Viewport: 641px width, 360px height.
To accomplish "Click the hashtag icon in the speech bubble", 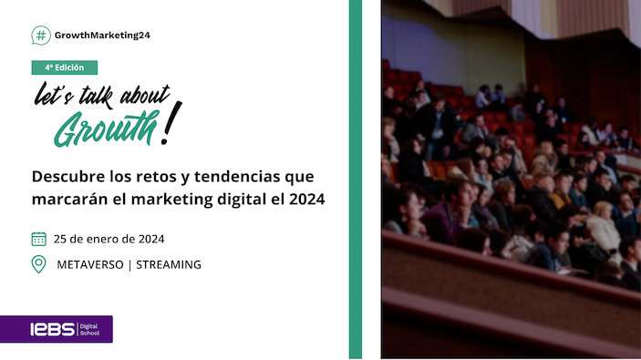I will click(x=41, y=36).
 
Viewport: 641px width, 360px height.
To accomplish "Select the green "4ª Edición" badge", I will click(x=64, y=67).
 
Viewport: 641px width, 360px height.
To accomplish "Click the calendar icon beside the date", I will click(x=38, y=239).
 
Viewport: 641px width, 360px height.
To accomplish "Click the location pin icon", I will click(x=38, y=264).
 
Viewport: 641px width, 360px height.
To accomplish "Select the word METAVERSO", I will click(x=89, y=264).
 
